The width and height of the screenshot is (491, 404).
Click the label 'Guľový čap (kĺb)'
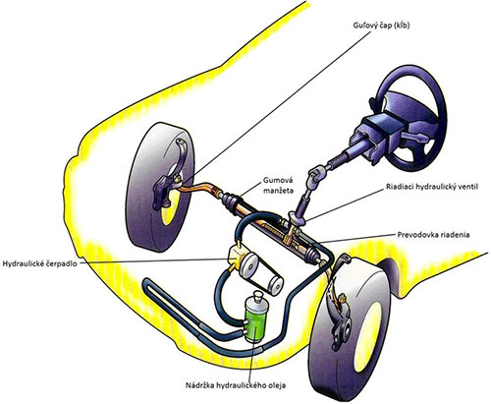click(x=381, y=26)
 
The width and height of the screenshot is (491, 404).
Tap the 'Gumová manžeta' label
click(x=279, y=185)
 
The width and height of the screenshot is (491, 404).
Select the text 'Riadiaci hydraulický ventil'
click(x=432, y=187)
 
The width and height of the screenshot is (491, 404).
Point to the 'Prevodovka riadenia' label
click(x=433, y=235)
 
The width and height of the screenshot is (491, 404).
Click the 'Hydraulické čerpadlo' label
click(x=40, y=263)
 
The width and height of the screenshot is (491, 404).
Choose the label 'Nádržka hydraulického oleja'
click(x=236, y=385)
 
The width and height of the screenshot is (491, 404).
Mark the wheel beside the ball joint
click(x=159, y=187)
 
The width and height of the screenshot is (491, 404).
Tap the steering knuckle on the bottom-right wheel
click(x=341, y=327)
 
